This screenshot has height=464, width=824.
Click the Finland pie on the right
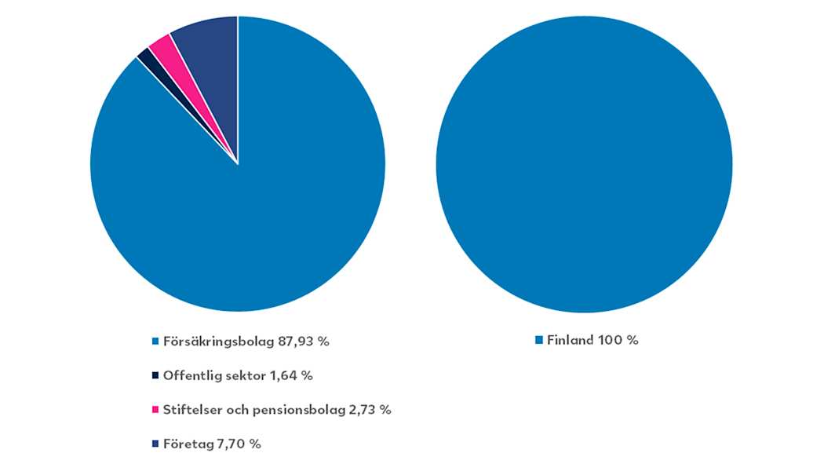coord(584,165)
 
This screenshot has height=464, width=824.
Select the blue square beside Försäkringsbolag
coord(155,342)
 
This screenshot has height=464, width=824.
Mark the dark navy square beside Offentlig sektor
coord(155,375)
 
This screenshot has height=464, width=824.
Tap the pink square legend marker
coord(155,410)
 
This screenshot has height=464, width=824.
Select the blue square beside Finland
coord(539,341)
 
